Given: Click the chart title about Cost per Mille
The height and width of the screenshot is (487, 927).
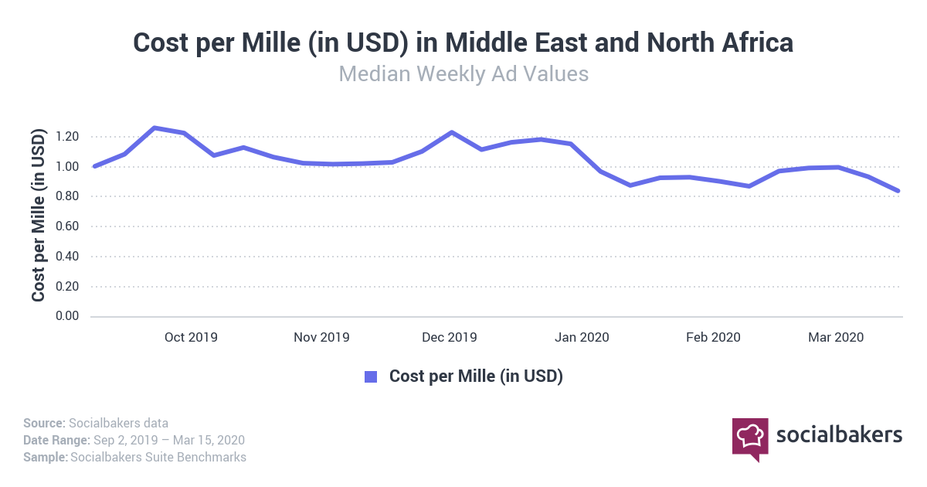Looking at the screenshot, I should [463, 43].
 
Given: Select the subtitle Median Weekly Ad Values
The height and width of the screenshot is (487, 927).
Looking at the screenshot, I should [463, 74].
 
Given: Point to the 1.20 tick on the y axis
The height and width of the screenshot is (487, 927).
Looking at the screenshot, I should [68, 137].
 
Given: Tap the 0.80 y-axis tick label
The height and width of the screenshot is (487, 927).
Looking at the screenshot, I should [68, 196].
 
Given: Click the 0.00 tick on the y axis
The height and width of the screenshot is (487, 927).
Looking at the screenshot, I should [68, 316].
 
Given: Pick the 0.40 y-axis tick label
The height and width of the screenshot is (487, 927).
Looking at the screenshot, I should [68, 257].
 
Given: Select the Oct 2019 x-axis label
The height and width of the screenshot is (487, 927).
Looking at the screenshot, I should [192, 337].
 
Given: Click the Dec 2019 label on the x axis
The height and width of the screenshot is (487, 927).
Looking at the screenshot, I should [450, 337].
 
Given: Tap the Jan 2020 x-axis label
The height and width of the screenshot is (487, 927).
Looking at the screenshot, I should [582, 337].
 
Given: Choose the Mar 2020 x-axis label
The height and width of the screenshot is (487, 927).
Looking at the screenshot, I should [836, 337].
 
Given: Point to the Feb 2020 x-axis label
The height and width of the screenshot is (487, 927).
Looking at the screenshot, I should [714, 337].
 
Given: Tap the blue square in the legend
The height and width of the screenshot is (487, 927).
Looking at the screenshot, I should [371, 376].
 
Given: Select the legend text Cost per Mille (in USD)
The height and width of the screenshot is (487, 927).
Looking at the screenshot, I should [476, 376].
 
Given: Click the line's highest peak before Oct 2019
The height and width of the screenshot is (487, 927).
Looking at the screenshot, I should [154, 128].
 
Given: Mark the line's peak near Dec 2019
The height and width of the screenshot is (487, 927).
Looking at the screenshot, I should [452, 132].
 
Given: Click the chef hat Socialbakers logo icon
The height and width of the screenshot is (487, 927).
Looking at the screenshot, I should [750, 438].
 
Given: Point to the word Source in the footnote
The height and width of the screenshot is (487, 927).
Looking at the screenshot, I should [43, 423].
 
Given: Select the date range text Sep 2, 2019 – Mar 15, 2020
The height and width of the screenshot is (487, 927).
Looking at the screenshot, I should [168, 440].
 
